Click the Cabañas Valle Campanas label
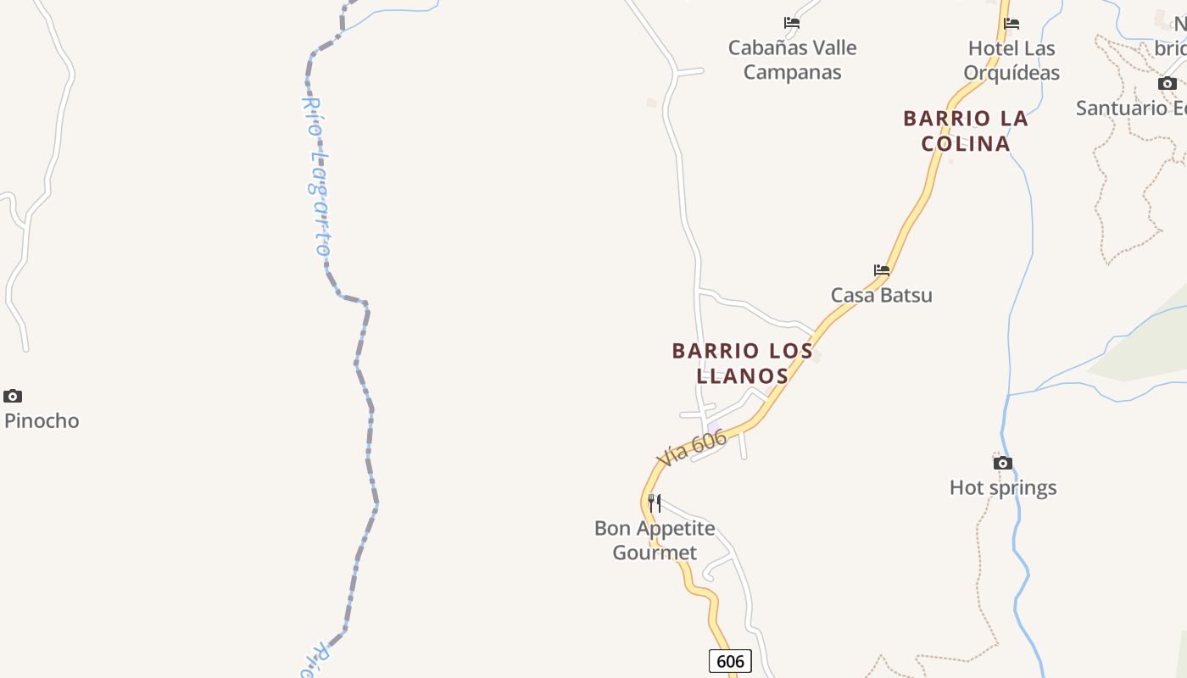[x=792, y=59]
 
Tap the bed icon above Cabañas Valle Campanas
[x=792, y=23]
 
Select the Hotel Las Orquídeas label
[x=1013, y=60]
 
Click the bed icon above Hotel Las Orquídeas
[x=1011, y=23]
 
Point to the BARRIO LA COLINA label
[x=966, y=131]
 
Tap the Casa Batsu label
[x=881, y=295]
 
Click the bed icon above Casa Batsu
[x=882, y=270]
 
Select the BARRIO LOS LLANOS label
[x=742, y=363]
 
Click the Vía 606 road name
[x=692, y=447]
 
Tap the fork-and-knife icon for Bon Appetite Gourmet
[x=655, y=503]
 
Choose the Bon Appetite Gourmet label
[x=655, y=540]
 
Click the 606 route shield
[x=730, y=661]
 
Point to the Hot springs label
[x=1003, y=487]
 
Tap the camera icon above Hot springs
[x=1003, y=463]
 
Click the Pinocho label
[x=42, y=420]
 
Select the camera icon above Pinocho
[x=13, y=396]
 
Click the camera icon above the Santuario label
[x=1167, y=83]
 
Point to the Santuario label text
[x=1131, y=108]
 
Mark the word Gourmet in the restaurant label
[x=655, y=553]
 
